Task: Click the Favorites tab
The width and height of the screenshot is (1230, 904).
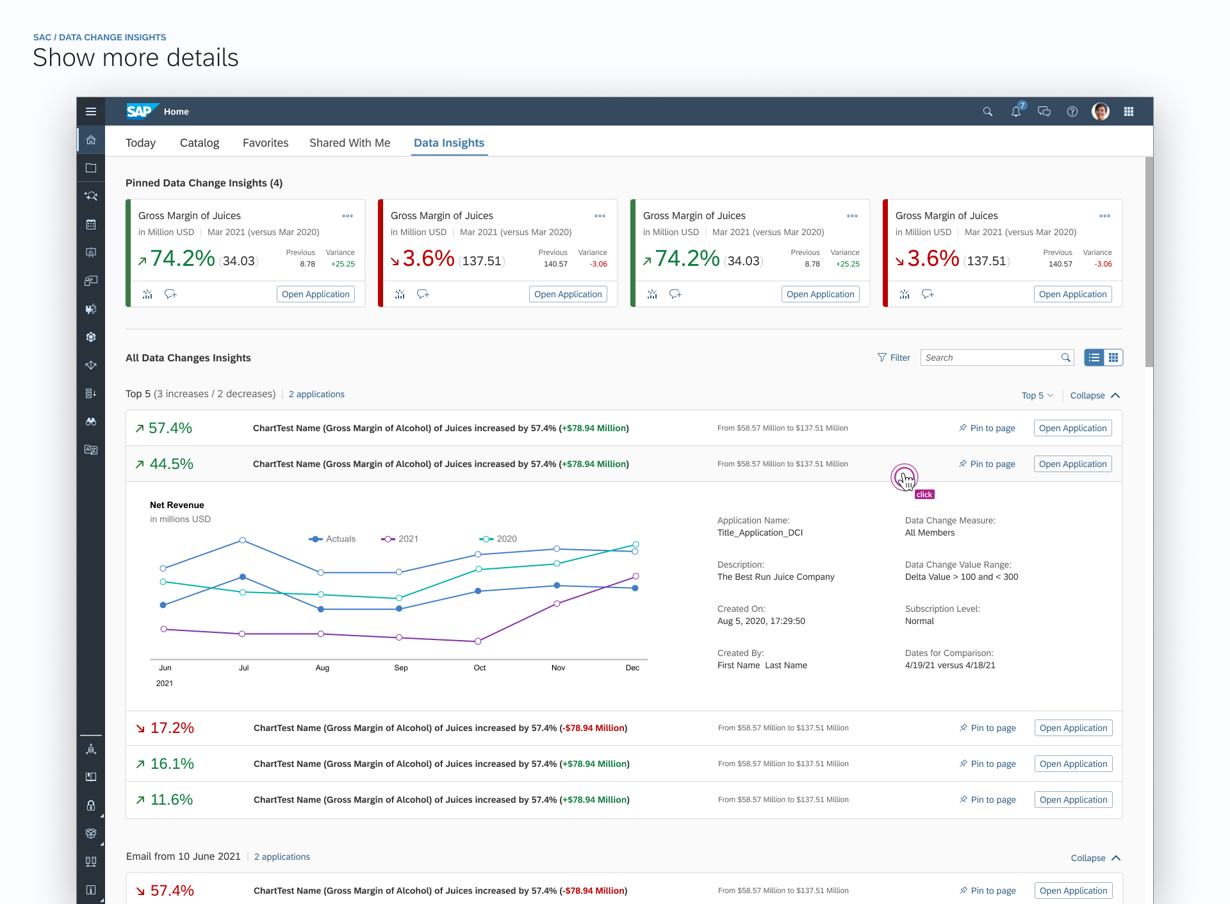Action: (x=265, y=143)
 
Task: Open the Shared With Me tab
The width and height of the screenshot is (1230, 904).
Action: (x=350, y=143)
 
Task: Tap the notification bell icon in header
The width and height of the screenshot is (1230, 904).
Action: (x=1016, y=111)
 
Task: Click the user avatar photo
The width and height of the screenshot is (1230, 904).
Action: (x=1101, y=111)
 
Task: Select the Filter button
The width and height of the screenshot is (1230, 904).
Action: (x=894, y=357)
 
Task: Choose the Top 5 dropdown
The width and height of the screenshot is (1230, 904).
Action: (x=1037, y=395)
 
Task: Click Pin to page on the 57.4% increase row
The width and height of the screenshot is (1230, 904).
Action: (x=987, y=428)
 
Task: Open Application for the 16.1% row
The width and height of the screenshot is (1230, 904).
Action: (x=1073, y=764)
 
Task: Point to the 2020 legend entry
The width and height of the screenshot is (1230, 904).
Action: (x=498, y=539)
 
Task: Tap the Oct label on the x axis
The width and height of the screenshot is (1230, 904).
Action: (x=480, y=668)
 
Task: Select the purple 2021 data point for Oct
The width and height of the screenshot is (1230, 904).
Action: (x=478, y=641)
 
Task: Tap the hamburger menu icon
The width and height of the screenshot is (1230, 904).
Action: (x=91, y=111)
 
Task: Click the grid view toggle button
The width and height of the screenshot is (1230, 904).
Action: (x=1113, y=357)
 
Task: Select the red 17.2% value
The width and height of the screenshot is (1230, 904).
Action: (x=172, y=728)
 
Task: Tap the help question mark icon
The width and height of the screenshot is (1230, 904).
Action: (x=1072, y=111)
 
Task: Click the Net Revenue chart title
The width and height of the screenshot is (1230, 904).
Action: (x=177, y=505)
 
